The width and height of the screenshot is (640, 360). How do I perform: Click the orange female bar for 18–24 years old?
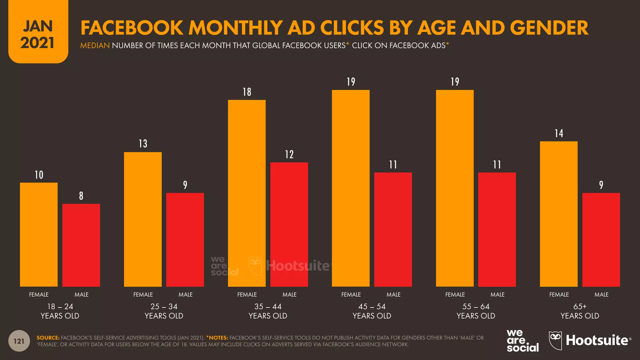click(39, 234)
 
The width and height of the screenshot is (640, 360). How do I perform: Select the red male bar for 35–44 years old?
click(289, 224)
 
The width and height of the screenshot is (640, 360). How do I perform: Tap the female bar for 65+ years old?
click(559, 214)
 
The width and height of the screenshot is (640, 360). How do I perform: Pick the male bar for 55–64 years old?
click(497, 229)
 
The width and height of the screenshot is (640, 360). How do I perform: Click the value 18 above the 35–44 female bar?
click(247, 92)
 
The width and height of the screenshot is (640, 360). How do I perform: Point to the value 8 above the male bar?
click(81, 196)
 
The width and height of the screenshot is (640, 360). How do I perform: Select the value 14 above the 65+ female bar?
click(559, 133)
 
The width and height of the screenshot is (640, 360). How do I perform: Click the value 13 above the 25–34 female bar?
click(143, 144)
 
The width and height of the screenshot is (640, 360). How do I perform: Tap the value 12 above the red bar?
click(289, 154)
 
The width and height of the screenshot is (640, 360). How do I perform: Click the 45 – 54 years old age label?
click(372, 311)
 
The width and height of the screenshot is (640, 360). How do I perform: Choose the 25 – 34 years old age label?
click(164, 311)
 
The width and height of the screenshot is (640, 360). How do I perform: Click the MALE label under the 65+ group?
click(601, 294)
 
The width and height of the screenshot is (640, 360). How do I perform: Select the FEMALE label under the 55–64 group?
click(455, 294)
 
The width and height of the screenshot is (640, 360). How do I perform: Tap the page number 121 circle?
click(19, 341)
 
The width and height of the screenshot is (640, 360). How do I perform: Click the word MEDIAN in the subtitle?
click(95, 46)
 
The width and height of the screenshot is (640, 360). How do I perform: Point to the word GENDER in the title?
click(549, 28)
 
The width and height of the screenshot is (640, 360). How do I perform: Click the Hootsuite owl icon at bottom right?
click(555, 340)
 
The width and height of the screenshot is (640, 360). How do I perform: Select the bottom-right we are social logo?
click(522, 341)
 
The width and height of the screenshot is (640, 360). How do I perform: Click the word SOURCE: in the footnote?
click(48, 338)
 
